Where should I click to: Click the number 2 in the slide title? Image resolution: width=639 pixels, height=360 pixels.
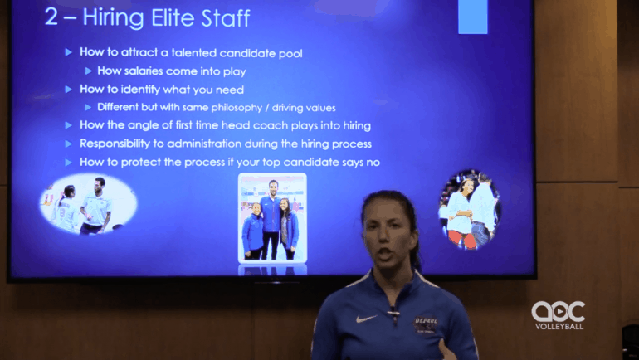51,17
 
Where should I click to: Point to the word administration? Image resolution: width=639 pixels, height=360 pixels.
222,144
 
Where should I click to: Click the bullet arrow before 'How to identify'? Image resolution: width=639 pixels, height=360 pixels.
68,90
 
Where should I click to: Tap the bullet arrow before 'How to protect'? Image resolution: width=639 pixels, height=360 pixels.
68,163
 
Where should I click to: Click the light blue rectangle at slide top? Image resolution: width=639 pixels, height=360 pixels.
473,17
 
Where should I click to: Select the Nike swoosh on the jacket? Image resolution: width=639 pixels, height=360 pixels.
366,319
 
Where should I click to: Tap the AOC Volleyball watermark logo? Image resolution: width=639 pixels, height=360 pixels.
559,315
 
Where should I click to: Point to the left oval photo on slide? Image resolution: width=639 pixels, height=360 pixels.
89,204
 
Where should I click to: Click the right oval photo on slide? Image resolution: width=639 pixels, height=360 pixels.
470,209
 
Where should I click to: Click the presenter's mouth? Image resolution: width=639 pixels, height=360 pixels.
385,255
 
